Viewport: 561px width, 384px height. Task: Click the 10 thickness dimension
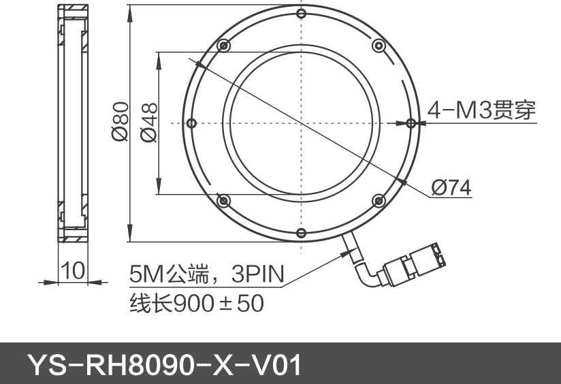click(73, 270)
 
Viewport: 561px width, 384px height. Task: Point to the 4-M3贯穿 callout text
click(481, 110)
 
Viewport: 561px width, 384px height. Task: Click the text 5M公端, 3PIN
click(206, 274)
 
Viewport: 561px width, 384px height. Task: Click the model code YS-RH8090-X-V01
click(163, 364)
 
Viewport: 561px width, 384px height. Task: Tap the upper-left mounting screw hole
click(223, 46)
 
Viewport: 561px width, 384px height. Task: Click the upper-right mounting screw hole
click(379, 46)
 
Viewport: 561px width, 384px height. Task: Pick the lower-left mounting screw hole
click(223, 200)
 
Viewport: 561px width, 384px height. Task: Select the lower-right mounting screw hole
click(379, 200)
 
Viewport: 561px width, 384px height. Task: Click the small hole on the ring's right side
click(411, 123)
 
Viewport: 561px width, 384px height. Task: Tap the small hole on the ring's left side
click(192, 123)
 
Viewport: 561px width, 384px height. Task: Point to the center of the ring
click(301, 123)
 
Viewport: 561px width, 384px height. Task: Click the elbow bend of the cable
click(368, 276)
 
